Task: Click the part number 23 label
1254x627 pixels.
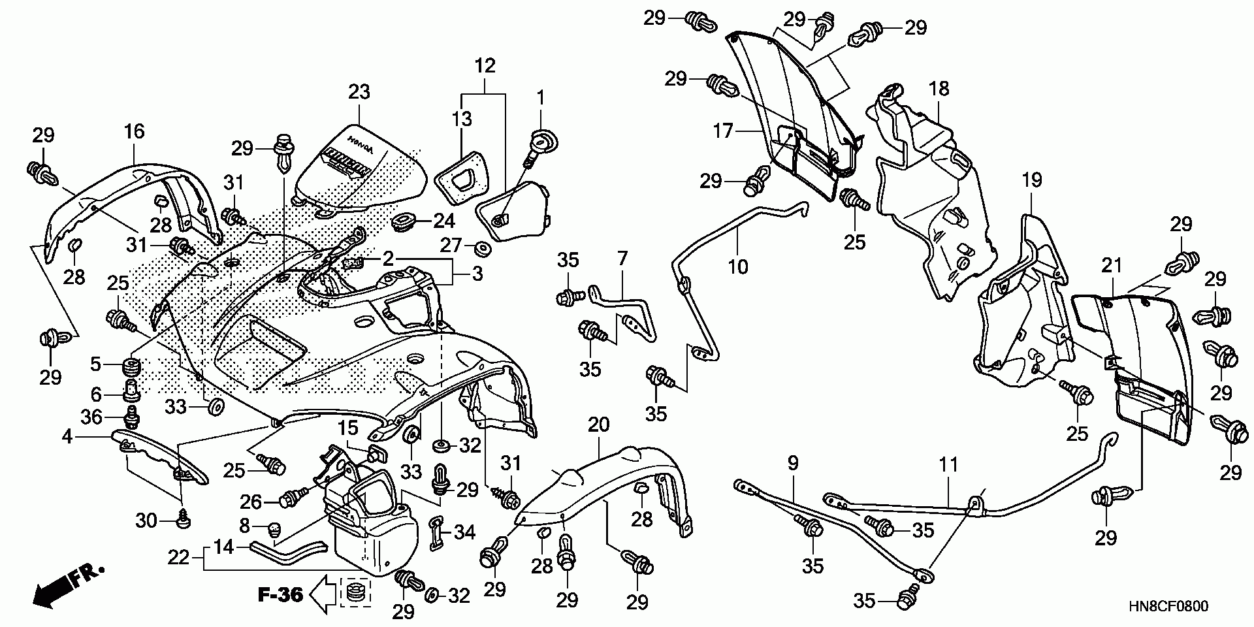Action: coord(359,91)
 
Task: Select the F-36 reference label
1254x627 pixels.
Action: coord(280,595)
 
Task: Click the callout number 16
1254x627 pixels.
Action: coord(134,131)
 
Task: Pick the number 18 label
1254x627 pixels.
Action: coord(939,88)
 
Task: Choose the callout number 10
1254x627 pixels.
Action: coord(738,266)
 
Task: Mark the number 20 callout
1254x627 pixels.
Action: coord(598,425)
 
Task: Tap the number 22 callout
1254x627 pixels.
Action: coord(179,557)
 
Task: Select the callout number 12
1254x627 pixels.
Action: coord(485,65)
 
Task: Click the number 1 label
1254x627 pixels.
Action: coord(540,99)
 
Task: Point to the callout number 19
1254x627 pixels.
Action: coord(1032,180)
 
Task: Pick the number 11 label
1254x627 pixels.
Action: coord(948,465)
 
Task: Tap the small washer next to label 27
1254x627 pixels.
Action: coord(484,249)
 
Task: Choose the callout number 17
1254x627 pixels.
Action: coord(724,132)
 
